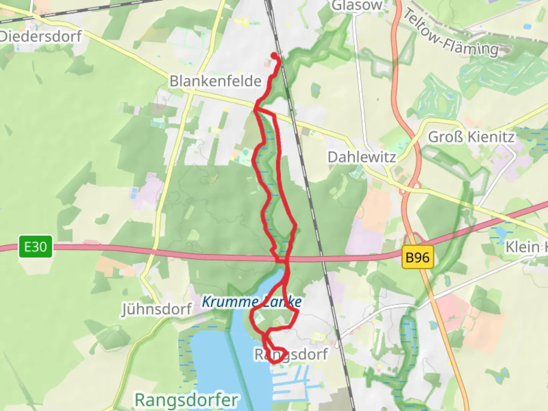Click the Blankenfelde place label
(215, 81)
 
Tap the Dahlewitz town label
(362, 157)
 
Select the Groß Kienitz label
(471, 137)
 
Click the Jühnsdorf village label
(156, 309)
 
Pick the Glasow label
(356, 5)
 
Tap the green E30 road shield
(35, 247)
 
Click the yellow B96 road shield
(417, 258)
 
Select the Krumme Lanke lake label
(252, 302)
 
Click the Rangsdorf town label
(291, 355)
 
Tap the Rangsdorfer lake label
(186, 400)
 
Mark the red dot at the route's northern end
(274, 56)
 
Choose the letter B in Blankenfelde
(174, 81)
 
